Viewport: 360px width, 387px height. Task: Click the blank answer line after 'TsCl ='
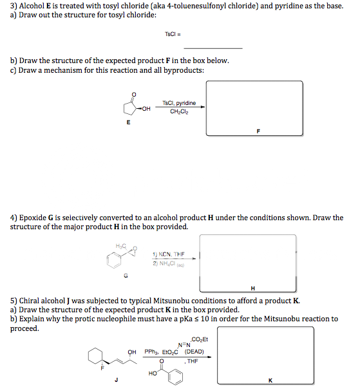pyautogui.click(x=213, y=48)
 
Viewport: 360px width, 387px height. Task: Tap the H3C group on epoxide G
pyautogui.click(x=120, y=247)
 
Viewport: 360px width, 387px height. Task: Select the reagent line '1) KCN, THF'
pyautogui.click(x=168, y=254)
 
